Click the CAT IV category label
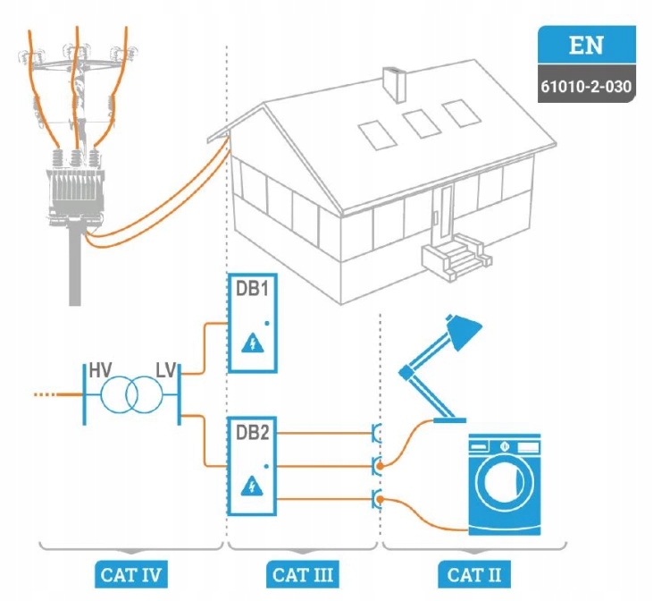coord(130,575)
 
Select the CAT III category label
coord(303,575)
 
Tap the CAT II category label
coord(474,575)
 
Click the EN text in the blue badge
coord(586,45)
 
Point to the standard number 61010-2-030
coord(586,87)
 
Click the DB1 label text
coord(253,289)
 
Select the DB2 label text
coord(253,433)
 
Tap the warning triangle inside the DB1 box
coord(253,343)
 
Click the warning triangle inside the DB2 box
coord(253,486)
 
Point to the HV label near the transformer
coord(100,370)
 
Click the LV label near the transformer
coord(166,370)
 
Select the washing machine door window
coord(505,484)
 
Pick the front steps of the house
coord(456,256)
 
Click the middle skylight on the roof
coord(422,123)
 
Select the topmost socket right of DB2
coord(376,434)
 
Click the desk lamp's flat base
coord(449,420)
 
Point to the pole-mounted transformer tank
coord(75,191)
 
